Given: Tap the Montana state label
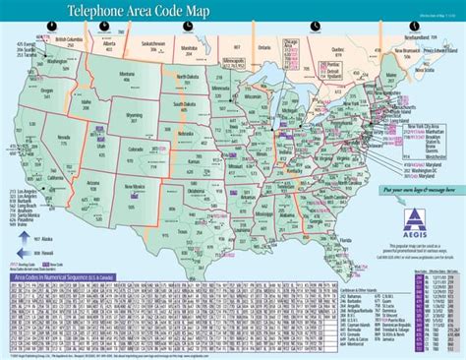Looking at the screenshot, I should coord(125,75).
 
